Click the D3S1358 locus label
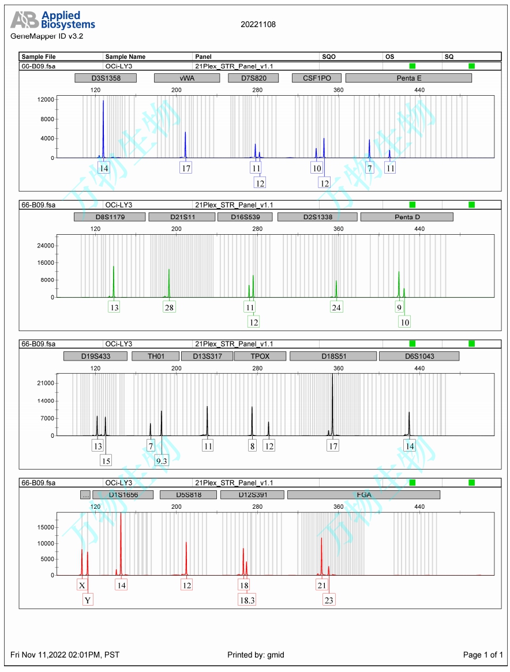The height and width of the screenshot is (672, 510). pos(106,78)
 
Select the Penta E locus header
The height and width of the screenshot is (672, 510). pos(408,78)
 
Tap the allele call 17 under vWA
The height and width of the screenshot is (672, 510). pos(185,168)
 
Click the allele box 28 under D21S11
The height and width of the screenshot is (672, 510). pos(168,307)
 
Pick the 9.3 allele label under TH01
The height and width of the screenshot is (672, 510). pos(162,460)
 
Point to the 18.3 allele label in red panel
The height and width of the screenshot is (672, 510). pos(246,600)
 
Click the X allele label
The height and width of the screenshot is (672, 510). pos(82,585)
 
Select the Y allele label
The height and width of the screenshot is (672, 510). pos(88,600)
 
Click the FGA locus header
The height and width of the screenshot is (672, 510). pos(363,495)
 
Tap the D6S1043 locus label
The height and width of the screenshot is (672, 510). pos(419,356)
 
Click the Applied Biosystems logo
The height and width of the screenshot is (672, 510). pos(52,20)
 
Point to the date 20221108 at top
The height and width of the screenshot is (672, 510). pos(258,24)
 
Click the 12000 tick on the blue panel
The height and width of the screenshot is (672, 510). pos(46,100)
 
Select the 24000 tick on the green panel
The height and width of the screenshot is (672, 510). pos(46,246)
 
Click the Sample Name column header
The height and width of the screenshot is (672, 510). pos(125,57)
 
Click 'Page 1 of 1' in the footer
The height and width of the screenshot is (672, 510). pos(483,655)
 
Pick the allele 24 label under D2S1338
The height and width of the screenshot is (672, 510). pos(336,307)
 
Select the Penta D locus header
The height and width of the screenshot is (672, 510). pos(407,217)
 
